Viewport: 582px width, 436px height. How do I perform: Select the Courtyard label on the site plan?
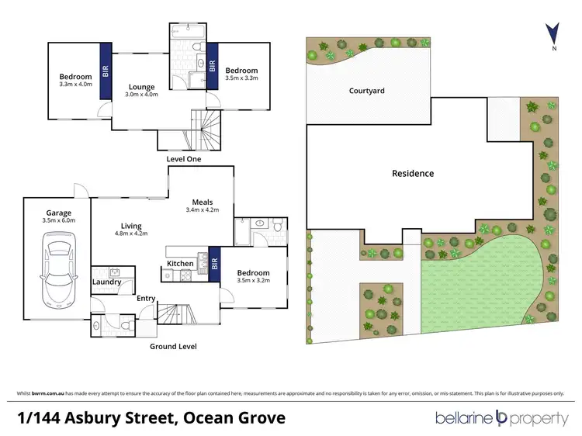click(367, 91)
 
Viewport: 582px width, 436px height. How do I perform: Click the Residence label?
click(412, 173)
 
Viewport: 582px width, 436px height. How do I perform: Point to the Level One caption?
click(184, 159)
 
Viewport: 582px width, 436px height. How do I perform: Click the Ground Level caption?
click(173, 346)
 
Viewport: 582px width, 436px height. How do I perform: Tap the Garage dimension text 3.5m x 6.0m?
click(59, 221)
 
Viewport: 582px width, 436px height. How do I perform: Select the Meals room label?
click(203, 203)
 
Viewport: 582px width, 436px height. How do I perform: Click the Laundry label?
click(107, 282)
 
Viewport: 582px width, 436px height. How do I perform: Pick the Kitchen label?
click(180, 264)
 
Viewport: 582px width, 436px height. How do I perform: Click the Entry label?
click(146, 298)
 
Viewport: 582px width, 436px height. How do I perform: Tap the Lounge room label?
click(142, 87)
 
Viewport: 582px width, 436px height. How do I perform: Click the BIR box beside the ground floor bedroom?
click(215, 263)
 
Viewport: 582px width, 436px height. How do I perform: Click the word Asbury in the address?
click(102, 419)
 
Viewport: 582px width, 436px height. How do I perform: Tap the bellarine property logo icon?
click(501, 419)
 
